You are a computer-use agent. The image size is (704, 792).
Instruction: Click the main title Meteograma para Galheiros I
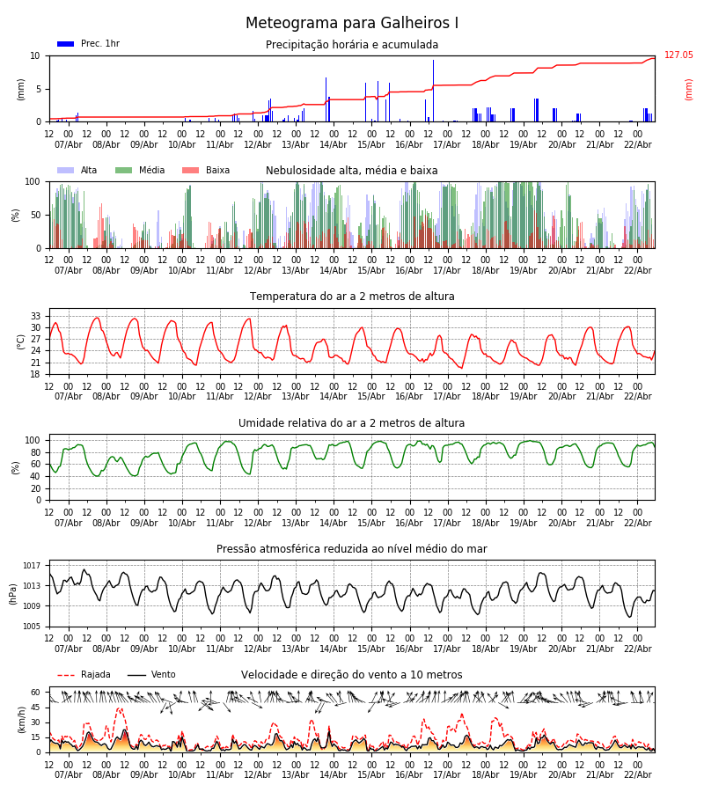click(352, 24)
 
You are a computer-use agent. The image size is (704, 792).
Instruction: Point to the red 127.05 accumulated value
click(678, 55)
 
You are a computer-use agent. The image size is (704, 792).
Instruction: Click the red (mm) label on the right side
click(689, 89)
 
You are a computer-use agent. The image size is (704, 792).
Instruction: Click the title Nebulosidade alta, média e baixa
click(352, 171)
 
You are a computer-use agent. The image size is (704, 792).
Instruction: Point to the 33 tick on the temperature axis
click(36, 316)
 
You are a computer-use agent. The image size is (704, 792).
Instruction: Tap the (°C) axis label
click(21, 341)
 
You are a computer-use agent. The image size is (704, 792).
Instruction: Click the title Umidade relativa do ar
click(352, 423)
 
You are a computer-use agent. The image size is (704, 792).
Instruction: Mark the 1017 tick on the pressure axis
click(33, 566)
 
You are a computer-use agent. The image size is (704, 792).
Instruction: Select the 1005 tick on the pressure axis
click(33, 627)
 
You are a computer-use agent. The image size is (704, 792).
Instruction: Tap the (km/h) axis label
click(21, 719)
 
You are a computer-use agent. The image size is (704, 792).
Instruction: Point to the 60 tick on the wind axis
click(36, 693)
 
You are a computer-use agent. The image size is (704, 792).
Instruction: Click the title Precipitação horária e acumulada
click(352, 45)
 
